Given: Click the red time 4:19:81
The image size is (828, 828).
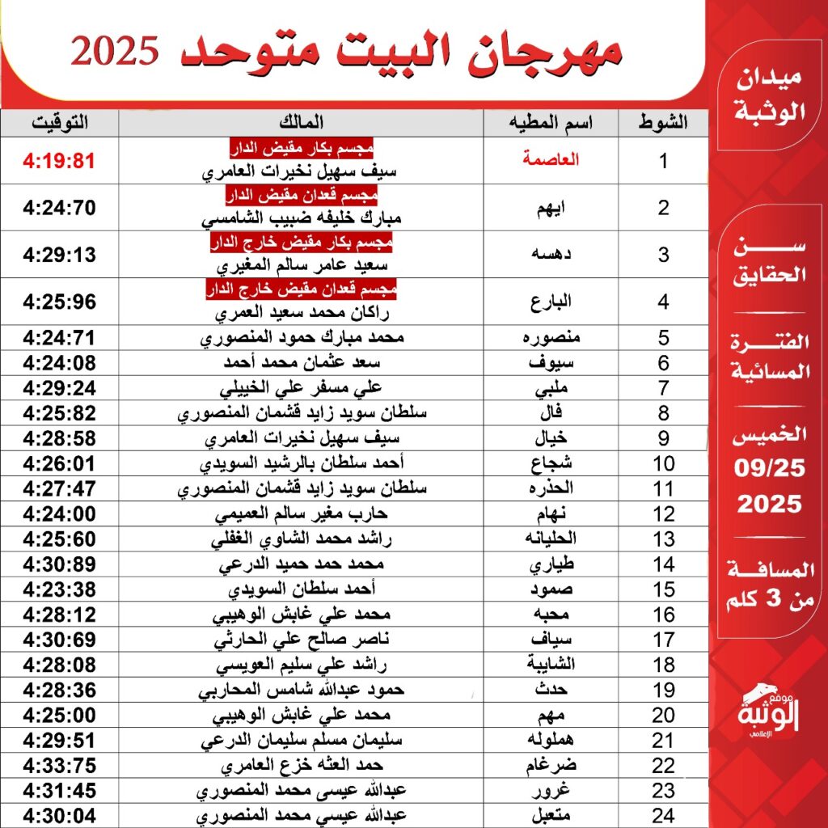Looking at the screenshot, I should pyautogui.click(x=60, y=161).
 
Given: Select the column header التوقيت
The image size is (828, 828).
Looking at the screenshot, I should pyautogui.click(x=60, y=123).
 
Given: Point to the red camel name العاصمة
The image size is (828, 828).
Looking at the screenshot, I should pyautogui.click(x=558, y=161).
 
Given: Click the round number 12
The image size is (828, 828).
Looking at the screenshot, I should pyautogui.click(x=664, y=514).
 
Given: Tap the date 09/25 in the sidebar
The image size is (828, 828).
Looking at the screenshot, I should pyautogui.click(x=769, y=468).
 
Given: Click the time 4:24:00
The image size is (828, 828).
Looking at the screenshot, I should pyautogui.click(x=60, y=514).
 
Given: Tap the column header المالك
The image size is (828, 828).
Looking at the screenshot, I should pyautogui.click(x=300, y=123).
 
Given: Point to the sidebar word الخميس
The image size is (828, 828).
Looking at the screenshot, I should pyautogui.click(x=769, y=435).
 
